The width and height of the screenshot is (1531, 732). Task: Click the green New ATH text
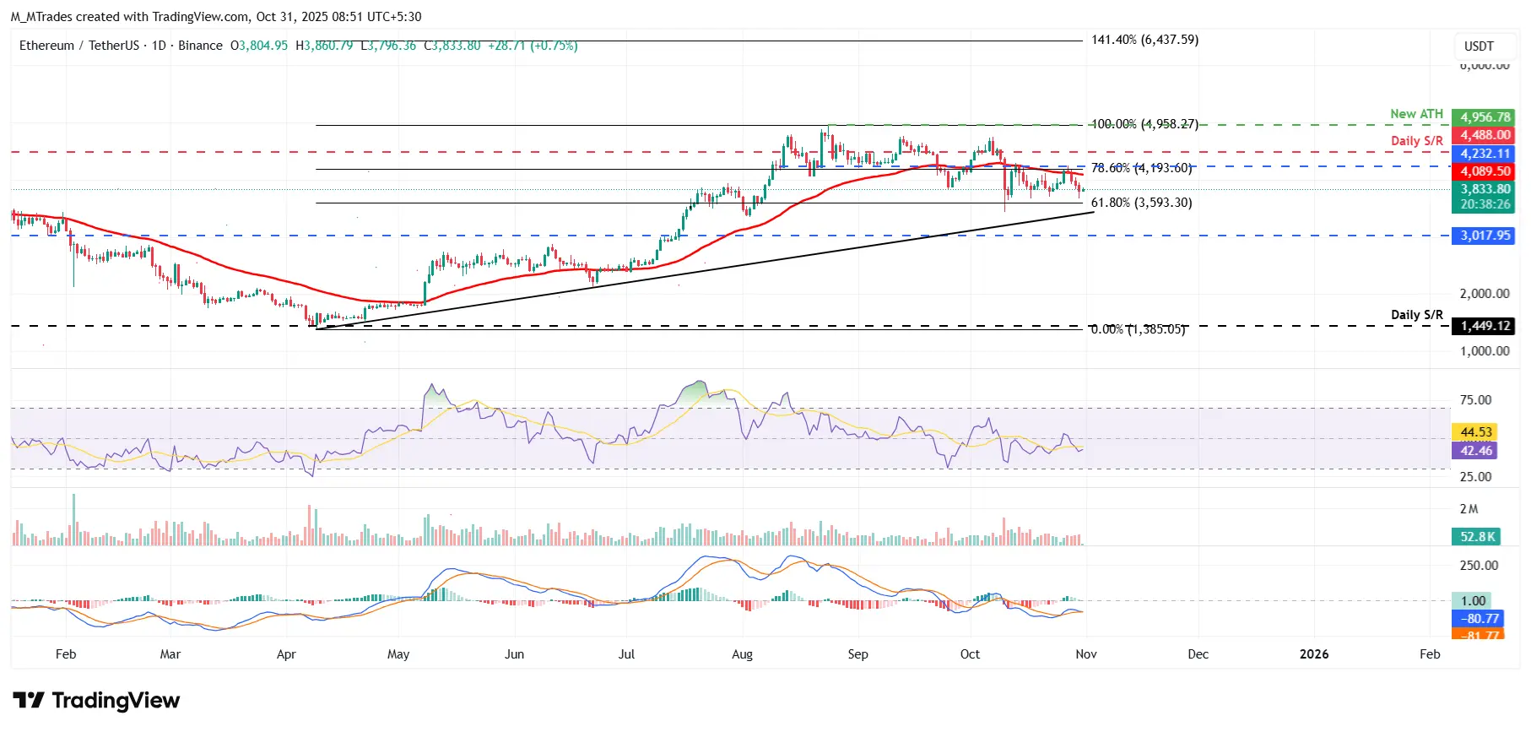click(1416, 114)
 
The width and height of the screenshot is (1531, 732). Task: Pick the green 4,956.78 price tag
click(1485, 117)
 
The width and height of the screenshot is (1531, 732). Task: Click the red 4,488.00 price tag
click(1485, 135)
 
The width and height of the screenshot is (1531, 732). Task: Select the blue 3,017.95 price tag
click(1485, 236)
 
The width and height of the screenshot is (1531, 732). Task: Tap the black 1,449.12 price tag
click(1485, 326)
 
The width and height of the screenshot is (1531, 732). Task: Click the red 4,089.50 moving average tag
click(1485, 171)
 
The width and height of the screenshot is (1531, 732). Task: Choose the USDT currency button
click(1479, 46)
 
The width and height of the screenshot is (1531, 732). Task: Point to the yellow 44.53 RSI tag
click(1476, 432)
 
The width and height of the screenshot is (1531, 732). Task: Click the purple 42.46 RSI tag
click(1476, 451)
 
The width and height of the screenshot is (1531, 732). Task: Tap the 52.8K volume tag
click(1478, 537)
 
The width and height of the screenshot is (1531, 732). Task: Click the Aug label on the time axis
click(742, 654)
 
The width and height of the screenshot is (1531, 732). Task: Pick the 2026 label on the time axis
click(1314, 654)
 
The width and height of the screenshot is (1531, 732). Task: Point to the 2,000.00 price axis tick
click(1485, 294)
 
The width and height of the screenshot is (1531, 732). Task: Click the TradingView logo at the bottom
click(96, 701)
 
